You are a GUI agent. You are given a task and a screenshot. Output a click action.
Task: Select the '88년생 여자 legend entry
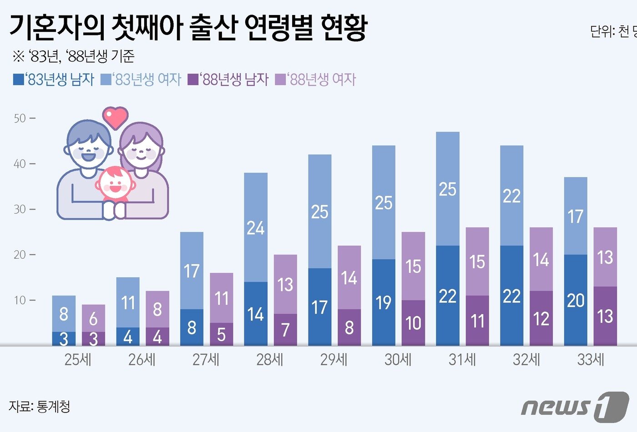pyautogui.click(x=317, y=80)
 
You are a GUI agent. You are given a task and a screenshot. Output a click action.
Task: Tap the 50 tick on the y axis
pyautogui.click(x=20, y=119)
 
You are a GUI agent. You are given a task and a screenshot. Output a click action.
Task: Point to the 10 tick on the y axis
pyautogui.click(x=20, y=301)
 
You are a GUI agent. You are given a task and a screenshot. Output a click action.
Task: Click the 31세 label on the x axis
pyautogui.click(x=462, y=360)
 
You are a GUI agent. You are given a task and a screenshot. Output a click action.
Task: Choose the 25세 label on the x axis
pyautogui.click(x=78, y=360)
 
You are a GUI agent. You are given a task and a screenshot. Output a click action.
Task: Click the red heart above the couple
pyautogui.click(x=115, y=117)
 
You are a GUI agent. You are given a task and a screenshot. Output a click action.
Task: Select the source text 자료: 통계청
pyautogui.click(x=40, y=406)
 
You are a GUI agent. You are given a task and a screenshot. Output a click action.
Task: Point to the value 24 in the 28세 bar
pyautogui.click(x=256, y=228)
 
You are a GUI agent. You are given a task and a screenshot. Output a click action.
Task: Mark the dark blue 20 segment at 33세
pyautogui.click(x=576, y=301)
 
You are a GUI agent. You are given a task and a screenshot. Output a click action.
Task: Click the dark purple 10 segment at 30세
pyautogui.click(x=413, y=323)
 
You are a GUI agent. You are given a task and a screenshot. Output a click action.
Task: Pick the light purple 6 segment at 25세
pyautogui.click(x=93, y=318)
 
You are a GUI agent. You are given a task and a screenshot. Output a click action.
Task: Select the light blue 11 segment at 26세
pyautogui.click(x=128, y=302)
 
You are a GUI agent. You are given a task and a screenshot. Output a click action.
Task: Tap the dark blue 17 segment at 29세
pyautogui.click(x=319, y=307)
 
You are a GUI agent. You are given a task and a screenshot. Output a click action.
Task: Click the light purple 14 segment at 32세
pyautogui.click(x=541, y=260)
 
